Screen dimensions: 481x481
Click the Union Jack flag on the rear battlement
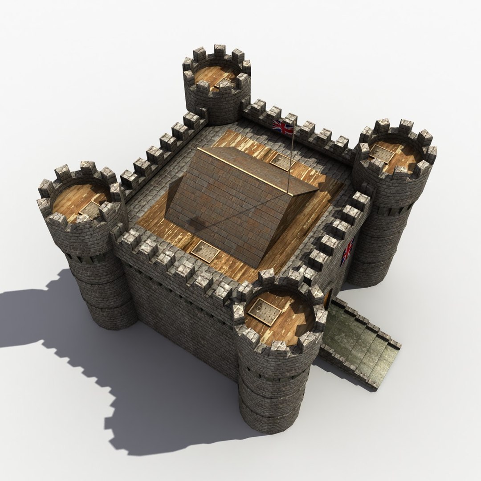(x=283, y=127)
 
